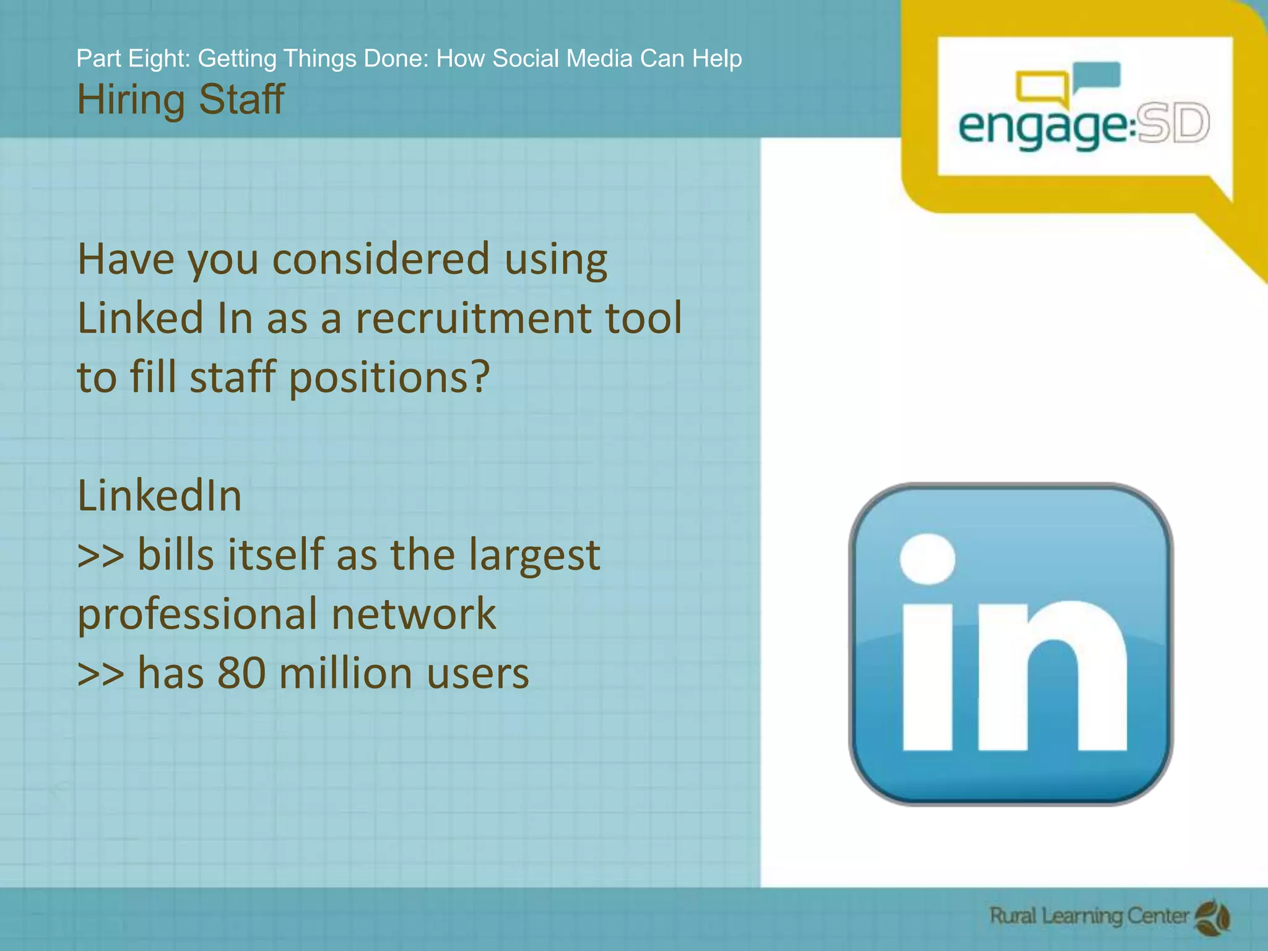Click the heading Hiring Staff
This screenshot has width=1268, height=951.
click(x=180, y=100)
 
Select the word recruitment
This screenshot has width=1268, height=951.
click(x=473, y=318)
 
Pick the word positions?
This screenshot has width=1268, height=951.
click(x=389, y=377)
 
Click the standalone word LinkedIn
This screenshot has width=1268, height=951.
click(x=159, y=496)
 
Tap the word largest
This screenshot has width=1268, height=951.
click(x=534, y=555)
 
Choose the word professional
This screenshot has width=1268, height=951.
click(x=198, y=614)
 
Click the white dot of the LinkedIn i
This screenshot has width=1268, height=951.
click(x=927, y=559)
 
